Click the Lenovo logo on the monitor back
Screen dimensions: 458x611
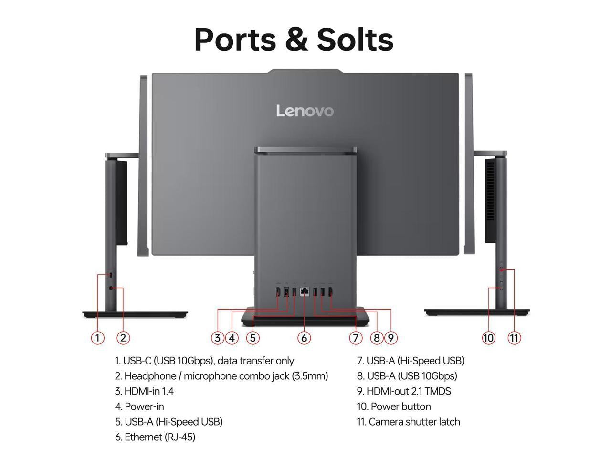click(x=305, y=111)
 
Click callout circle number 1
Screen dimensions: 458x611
click(x=97, y=338)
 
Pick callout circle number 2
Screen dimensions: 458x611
click(x=123, y=338)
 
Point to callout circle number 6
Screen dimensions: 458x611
click(x=304, y=338)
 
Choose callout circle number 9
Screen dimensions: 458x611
click(x=390, y=338)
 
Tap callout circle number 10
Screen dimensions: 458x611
click(x=488, y=338)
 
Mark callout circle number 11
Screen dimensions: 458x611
click(x=514, y=338)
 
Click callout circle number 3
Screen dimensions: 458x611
click(x=218, y=338)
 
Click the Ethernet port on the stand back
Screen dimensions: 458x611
click(x=304, y=292)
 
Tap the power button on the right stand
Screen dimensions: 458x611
click(x=501, y=286)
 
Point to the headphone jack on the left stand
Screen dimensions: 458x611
click(x=112, y=288)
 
